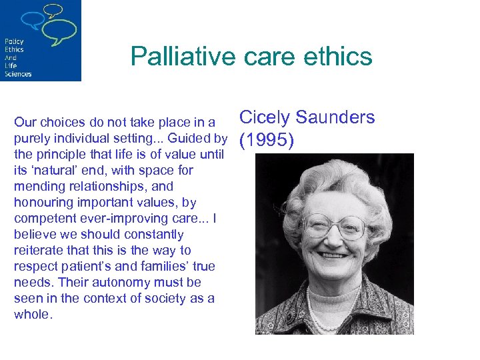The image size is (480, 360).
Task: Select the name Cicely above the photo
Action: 263,118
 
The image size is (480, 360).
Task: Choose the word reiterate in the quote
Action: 39,251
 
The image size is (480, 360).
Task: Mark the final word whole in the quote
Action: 32,315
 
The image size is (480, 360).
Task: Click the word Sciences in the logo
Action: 18,73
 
